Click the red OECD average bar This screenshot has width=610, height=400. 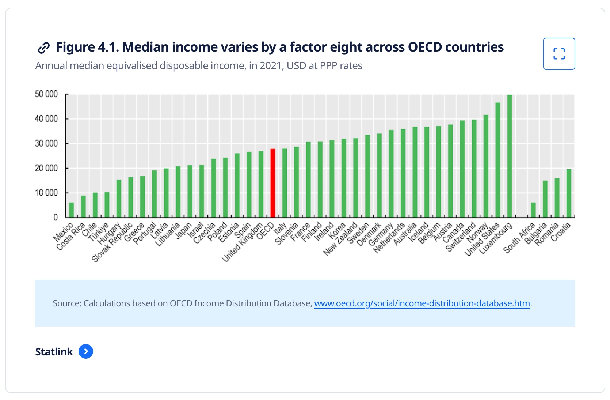[x=272, y=183]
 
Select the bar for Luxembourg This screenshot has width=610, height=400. [x=510, y=156]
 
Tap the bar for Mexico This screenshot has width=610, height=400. [x=71, y=210]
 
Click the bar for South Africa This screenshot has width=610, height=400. [x=533, y=210]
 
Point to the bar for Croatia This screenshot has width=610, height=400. [x=569, y=193]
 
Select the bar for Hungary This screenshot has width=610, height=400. [x=119, y=199]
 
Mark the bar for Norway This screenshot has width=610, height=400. [x=486, y=166]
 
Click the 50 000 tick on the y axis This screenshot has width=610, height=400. [x=46, y=94]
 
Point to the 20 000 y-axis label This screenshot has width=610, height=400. [x=46, y=168]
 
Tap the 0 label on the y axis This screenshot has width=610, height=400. [x=56, y=217]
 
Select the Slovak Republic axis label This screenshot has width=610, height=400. [x=112, y=242]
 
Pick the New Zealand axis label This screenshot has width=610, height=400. [x=340, y=239]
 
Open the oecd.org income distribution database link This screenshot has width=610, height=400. [x=422, y=303]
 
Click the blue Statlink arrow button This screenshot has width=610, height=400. [x=86, y=351]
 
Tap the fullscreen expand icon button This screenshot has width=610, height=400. [x=559, y=54]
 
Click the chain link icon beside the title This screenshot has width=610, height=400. [x=43, y=48]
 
